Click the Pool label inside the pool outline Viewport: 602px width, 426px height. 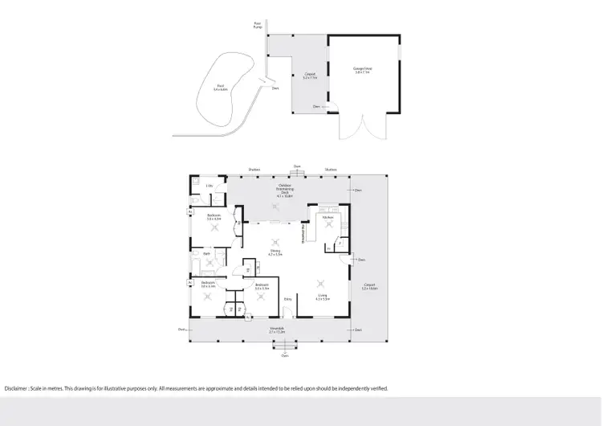click(x=220, y=88)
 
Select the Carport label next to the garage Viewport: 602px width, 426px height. click(x=310, y=76)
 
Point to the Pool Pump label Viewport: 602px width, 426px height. click(x=258, y=25)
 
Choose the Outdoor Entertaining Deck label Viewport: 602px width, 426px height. click(x=285, y=191)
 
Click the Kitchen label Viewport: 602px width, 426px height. click(x=327, y=218)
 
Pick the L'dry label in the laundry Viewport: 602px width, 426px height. click(x=209, y=186)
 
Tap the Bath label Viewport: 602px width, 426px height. click(x=206, y=253)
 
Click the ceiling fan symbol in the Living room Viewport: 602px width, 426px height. click(x=322, y=282)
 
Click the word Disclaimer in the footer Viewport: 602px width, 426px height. click(x=18, y=388)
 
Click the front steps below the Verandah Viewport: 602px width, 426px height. click(x=284, y=346)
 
